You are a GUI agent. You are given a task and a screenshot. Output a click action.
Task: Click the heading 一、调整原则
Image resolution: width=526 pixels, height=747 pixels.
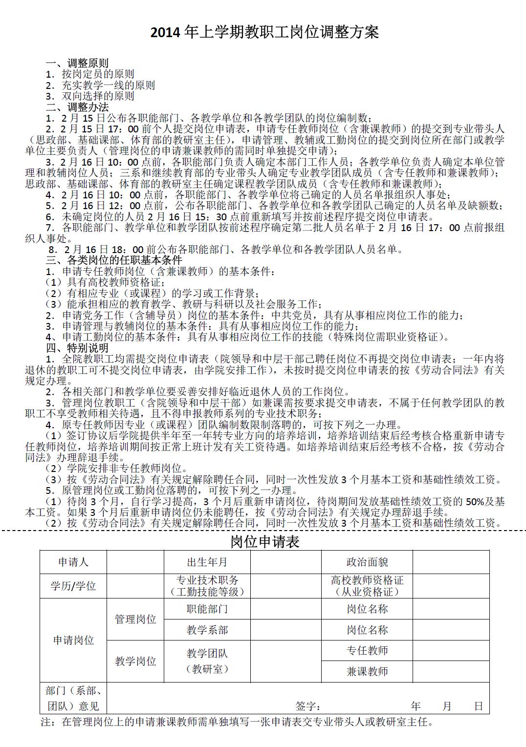(x=77, y=64)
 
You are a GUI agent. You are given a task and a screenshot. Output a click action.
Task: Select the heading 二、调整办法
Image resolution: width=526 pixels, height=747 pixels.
(x=77, y=107)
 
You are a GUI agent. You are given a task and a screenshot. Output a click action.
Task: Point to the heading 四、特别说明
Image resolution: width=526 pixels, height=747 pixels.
(x=77, y=348)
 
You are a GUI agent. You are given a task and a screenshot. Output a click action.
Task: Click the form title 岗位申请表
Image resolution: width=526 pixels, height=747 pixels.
(x=264, y=541)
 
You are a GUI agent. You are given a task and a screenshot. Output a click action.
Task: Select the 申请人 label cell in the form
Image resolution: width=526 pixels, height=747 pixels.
(x=73, y=562)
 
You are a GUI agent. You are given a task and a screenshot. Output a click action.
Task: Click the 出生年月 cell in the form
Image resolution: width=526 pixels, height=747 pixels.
(x=207, y=562)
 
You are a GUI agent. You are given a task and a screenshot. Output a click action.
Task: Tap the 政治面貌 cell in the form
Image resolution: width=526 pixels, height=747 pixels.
(x=367, y=562)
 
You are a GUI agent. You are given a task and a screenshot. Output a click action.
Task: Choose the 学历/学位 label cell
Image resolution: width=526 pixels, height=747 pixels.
(x=73, y=586)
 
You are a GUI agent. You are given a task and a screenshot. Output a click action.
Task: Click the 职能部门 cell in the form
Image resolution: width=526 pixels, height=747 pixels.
(x=207, y=609)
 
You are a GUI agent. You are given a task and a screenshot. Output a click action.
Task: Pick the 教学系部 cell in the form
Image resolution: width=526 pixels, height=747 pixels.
(x=207, y=630)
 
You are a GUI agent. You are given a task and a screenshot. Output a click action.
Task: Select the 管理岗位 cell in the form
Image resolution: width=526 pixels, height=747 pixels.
(x=135, y=619)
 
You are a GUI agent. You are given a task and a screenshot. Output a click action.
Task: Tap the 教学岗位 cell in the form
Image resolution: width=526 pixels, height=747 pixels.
(x=135, y=662)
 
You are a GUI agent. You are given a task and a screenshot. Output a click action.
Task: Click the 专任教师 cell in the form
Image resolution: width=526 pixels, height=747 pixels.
(x=367, y=651)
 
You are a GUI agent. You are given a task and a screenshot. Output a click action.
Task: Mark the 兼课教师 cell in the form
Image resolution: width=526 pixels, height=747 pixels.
(x=367, y=672)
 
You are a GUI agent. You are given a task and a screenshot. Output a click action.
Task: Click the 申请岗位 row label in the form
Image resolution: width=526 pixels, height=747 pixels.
(x=73, y=640)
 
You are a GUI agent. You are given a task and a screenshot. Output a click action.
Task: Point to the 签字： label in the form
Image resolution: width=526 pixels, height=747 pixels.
(x=308, y=706)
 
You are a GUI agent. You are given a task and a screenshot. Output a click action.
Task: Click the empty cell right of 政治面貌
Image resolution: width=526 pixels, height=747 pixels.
(x=451, y=562)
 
